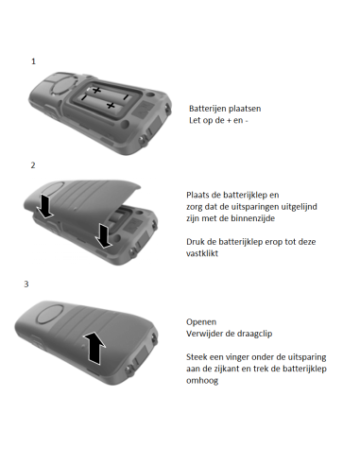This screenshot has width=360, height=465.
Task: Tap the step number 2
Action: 34,165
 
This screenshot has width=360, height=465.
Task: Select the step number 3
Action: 34,283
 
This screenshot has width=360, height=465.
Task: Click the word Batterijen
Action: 208,109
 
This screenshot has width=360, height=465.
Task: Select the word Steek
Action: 197,356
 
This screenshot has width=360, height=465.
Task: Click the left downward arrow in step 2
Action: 43,205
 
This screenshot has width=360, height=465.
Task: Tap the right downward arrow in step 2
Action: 104,234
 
